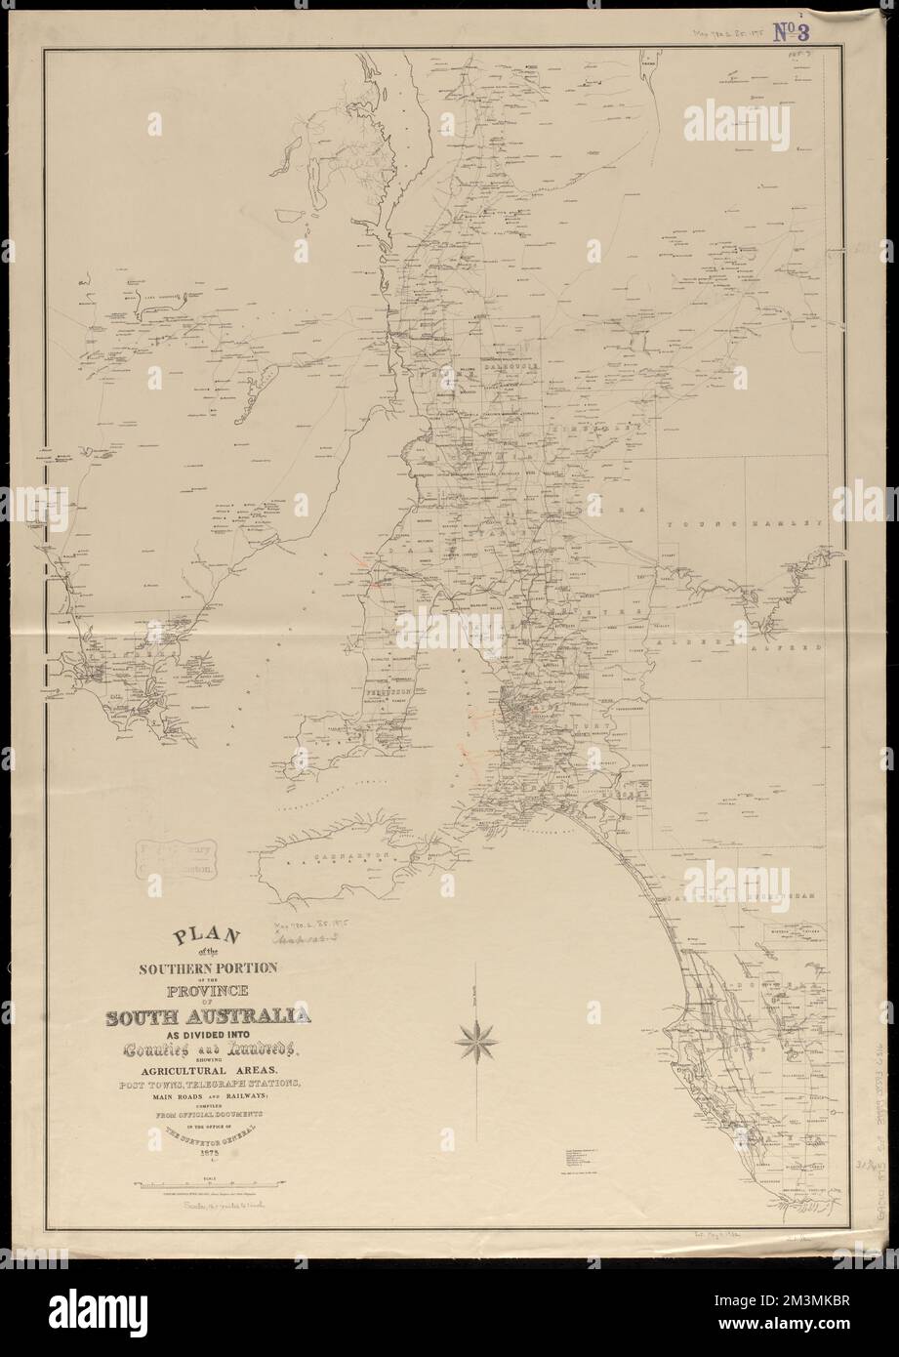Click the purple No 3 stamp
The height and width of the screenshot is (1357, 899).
798,32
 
